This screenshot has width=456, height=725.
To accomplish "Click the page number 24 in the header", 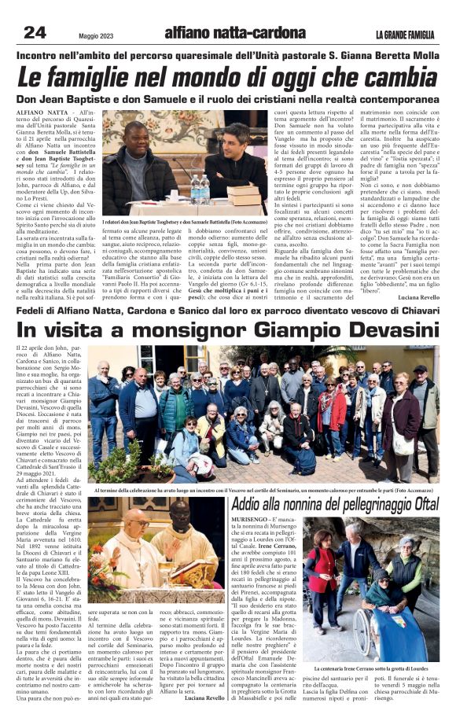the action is (35, 32).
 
